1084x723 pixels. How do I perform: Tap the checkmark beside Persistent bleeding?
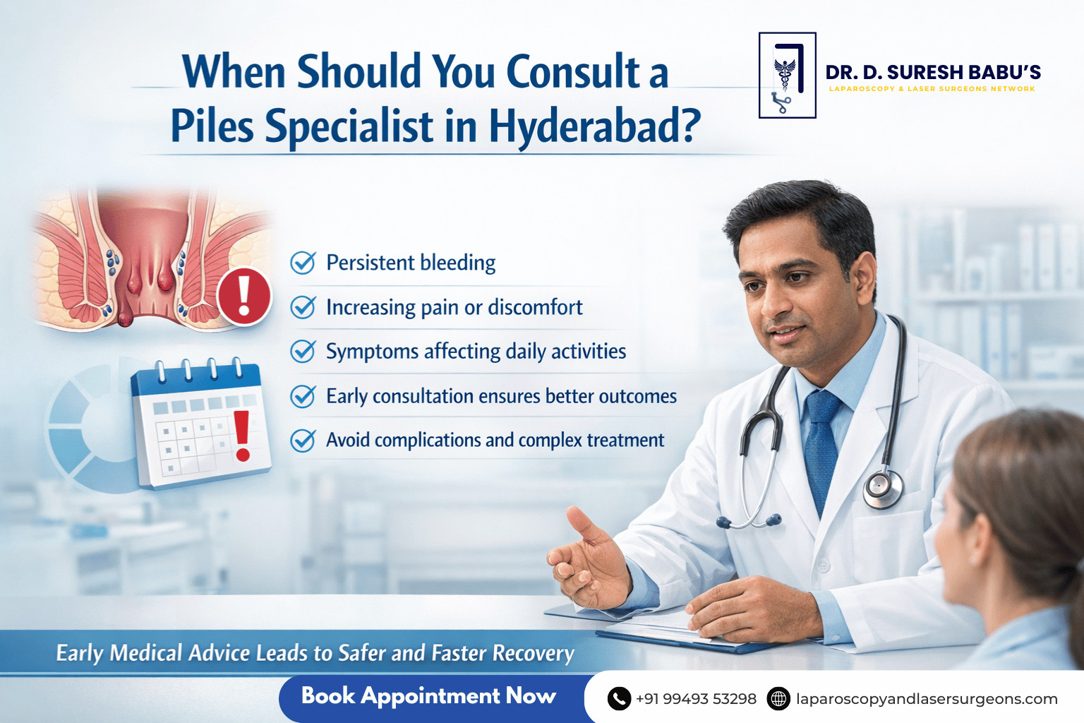(303, 263)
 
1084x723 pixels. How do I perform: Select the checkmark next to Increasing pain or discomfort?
(303, 307)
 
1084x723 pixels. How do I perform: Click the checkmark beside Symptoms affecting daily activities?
(303, 351)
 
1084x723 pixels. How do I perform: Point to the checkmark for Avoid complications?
(303, 440)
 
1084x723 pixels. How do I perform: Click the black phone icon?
(619, 699)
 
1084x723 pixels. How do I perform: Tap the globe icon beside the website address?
(778, 699)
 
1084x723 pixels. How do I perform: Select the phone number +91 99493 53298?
(696, 699)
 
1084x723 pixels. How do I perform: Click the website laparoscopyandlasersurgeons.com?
(927, 699)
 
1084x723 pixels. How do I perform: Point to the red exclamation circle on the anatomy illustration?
(244, 296)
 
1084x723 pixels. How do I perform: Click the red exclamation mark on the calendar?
(242, 436)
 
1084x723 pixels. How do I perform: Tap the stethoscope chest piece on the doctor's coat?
(883, 489)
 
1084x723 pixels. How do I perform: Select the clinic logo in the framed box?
(788, 75)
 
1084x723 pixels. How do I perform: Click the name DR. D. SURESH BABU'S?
(933, 72)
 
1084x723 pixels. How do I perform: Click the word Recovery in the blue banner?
(534, 653)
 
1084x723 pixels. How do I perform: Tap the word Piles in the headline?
(212, 126)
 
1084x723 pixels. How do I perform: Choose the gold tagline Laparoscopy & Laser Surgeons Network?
(932, 89)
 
